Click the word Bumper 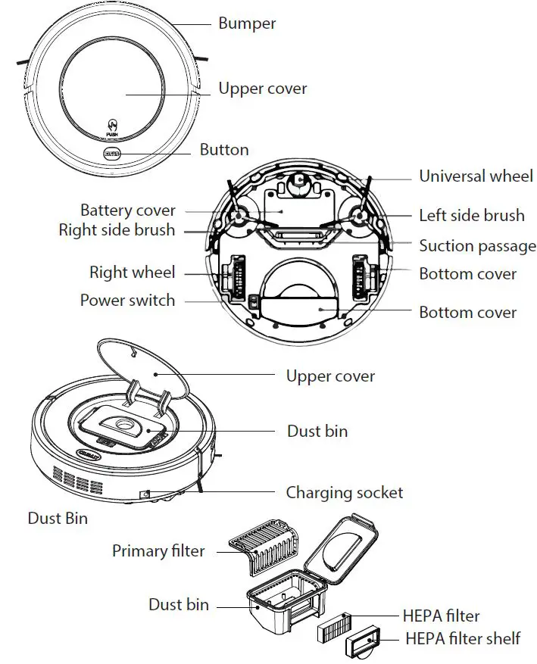247,23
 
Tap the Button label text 224,150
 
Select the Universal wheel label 476,176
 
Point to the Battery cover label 128,210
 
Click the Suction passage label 477,246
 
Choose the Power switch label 127,301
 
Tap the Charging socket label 344,493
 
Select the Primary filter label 158,550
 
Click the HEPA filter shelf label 463,638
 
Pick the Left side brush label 471,216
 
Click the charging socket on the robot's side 145,494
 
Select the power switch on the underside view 251,302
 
